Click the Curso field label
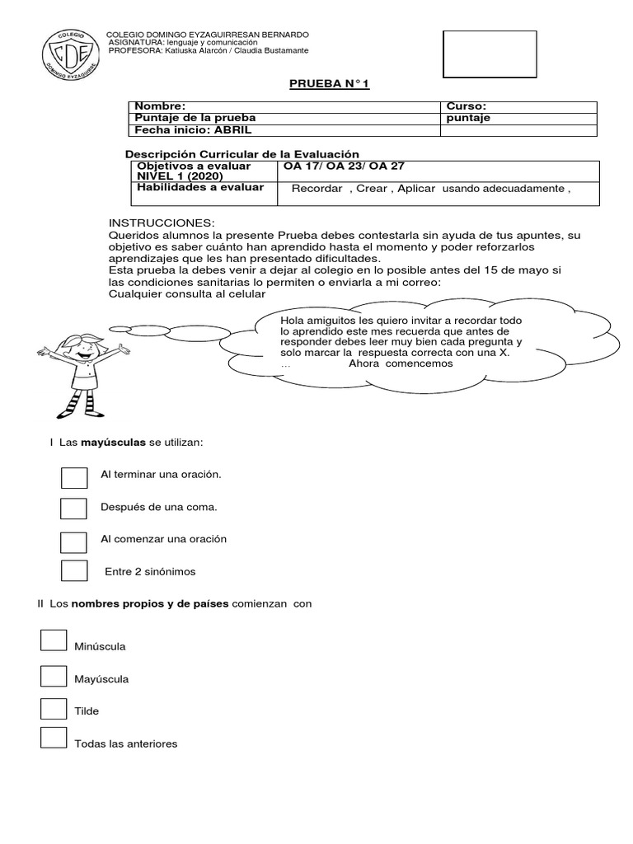466,106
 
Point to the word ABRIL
236,129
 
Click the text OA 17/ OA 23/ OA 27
344,166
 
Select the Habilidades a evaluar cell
199,188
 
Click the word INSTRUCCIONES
162,223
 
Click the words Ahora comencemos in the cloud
401,363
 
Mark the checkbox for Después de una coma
74,509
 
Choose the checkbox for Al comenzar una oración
74,541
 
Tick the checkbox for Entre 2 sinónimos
74,570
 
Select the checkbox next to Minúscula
54,640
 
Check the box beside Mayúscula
54,676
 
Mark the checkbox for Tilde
54,707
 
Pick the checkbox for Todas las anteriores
54,738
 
